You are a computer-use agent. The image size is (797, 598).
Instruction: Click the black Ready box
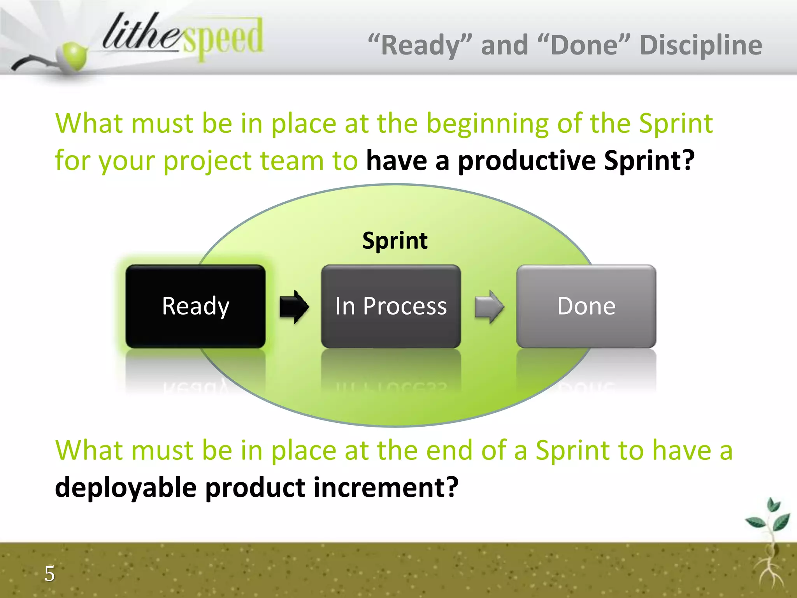pos(195,306)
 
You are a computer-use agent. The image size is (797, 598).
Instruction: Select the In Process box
pos(391,306)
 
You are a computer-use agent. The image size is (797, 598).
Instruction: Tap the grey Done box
pos(586,306)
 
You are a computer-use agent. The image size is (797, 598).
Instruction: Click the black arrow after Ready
pos(294,307)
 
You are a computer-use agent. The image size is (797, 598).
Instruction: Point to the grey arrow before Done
pos(489,307)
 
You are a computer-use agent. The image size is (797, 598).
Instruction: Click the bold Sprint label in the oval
pos(395,241)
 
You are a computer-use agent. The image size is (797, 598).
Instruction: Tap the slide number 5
pos(49,573)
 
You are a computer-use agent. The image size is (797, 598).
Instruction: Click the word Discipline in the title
pos(700,45)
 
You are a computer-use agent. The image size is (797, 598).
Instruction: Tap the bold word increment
pos(386,487)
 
